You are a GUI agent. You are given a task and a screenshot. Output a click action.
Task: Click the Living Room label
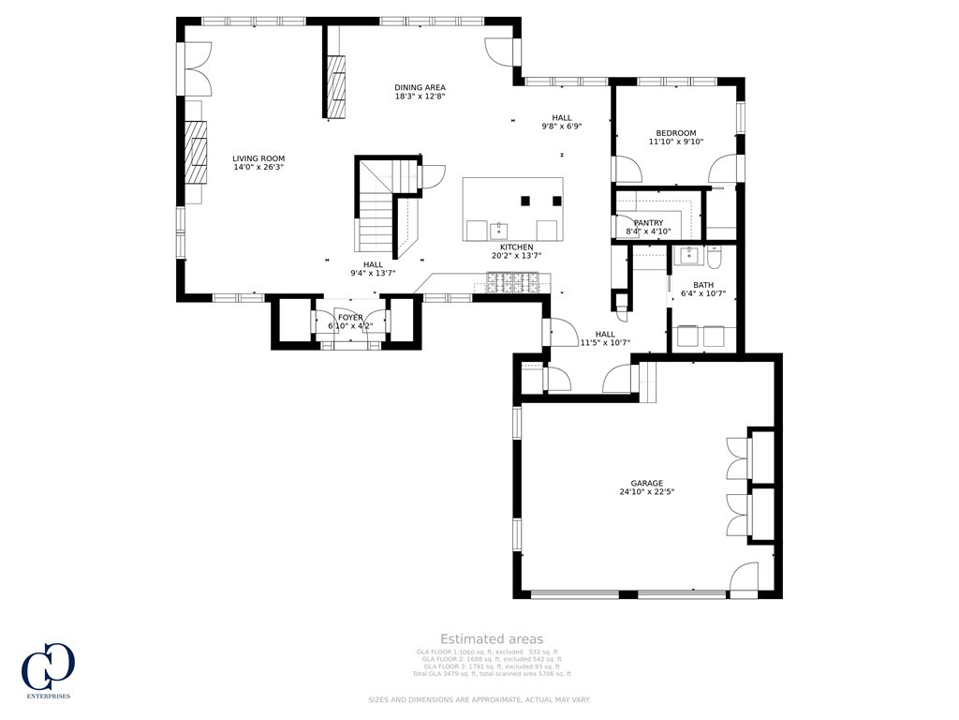(x=258, y=158)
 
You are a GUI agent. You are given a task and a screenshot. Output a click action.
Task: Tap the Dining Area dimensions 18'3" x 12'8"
(x=420, y=97)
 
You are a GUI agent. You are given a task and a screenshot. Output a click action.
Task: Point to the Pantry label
(x=648, y=222)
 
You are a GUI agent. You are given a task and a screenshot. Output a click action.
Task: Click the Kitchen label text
(x=516, y=247)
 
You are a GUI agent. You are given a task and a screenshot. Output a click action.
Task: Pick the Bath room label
(x=703, y=285)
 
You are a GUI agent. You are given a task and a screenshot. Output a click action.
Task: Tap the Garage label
(x=646, y=483)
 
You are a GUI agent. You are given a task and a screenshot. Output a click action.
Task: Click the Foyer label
(x=350, y=318)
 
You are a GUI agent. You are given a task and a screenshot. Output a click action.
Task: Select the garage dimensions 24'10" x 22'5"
(x=646, y=492)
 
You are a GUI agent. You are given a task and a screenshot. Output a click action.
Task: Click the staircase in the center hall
(x=379, y=206)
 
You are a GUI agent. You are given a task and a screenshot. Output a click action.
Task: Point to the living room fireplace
(x=195, y=150)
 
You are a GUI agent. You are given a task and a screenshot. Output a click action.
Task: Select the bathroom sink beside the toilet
(x=690, y=254)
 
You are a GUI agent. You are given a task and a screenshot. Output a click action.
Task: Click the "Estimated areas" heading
(x=492, y=639)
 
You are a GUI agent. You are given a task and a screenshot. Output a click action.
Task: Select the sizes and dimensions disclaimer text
(x=479, y=699)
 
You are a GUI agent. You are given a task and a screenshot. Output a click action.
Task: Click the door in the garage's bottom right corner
(x=745, y=581)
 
